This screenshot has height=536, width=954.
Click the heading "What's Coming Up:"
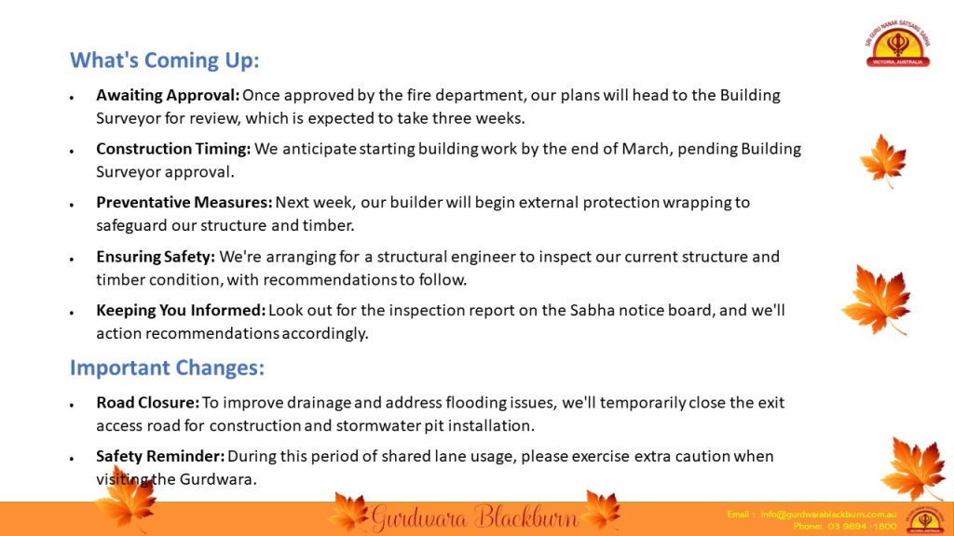[164, 60]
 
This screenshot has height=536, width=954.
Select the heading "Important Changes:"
[168, 368]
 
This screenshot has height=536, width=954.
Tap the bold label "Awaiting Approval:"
[168, 96]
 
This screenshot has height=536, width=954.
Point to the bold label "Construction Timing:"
[173, 149]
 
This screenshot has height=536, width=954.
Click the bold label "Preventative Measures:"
[184, 202]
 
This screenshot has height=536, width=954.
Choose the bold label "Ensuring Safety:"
[156, 257]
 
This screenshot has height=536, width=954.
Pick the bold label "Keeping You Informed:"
[181, 310]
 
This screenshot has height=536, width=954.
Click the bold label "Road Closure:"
[148, 402]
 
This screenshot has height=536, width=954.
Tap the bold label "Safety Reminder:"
[160, 456]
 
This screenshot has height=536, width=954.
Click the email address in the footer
[828, 514]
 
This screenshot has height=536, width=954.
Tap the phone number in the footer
[862, 526]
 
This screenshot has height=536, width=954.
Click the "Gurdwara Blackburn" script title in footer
[474, 517]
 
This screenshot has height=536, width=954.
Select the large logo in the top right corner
[898, 43]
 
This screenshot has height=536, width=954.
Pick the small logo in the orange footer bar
[925, 519]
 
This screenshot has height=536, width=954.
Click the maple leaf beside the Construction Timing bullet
[883, 160]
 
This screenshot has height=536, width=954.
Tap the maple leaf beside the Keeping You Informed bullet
[878, 300]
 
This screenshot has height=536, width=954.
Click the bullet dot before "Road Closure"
[72, 404]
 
